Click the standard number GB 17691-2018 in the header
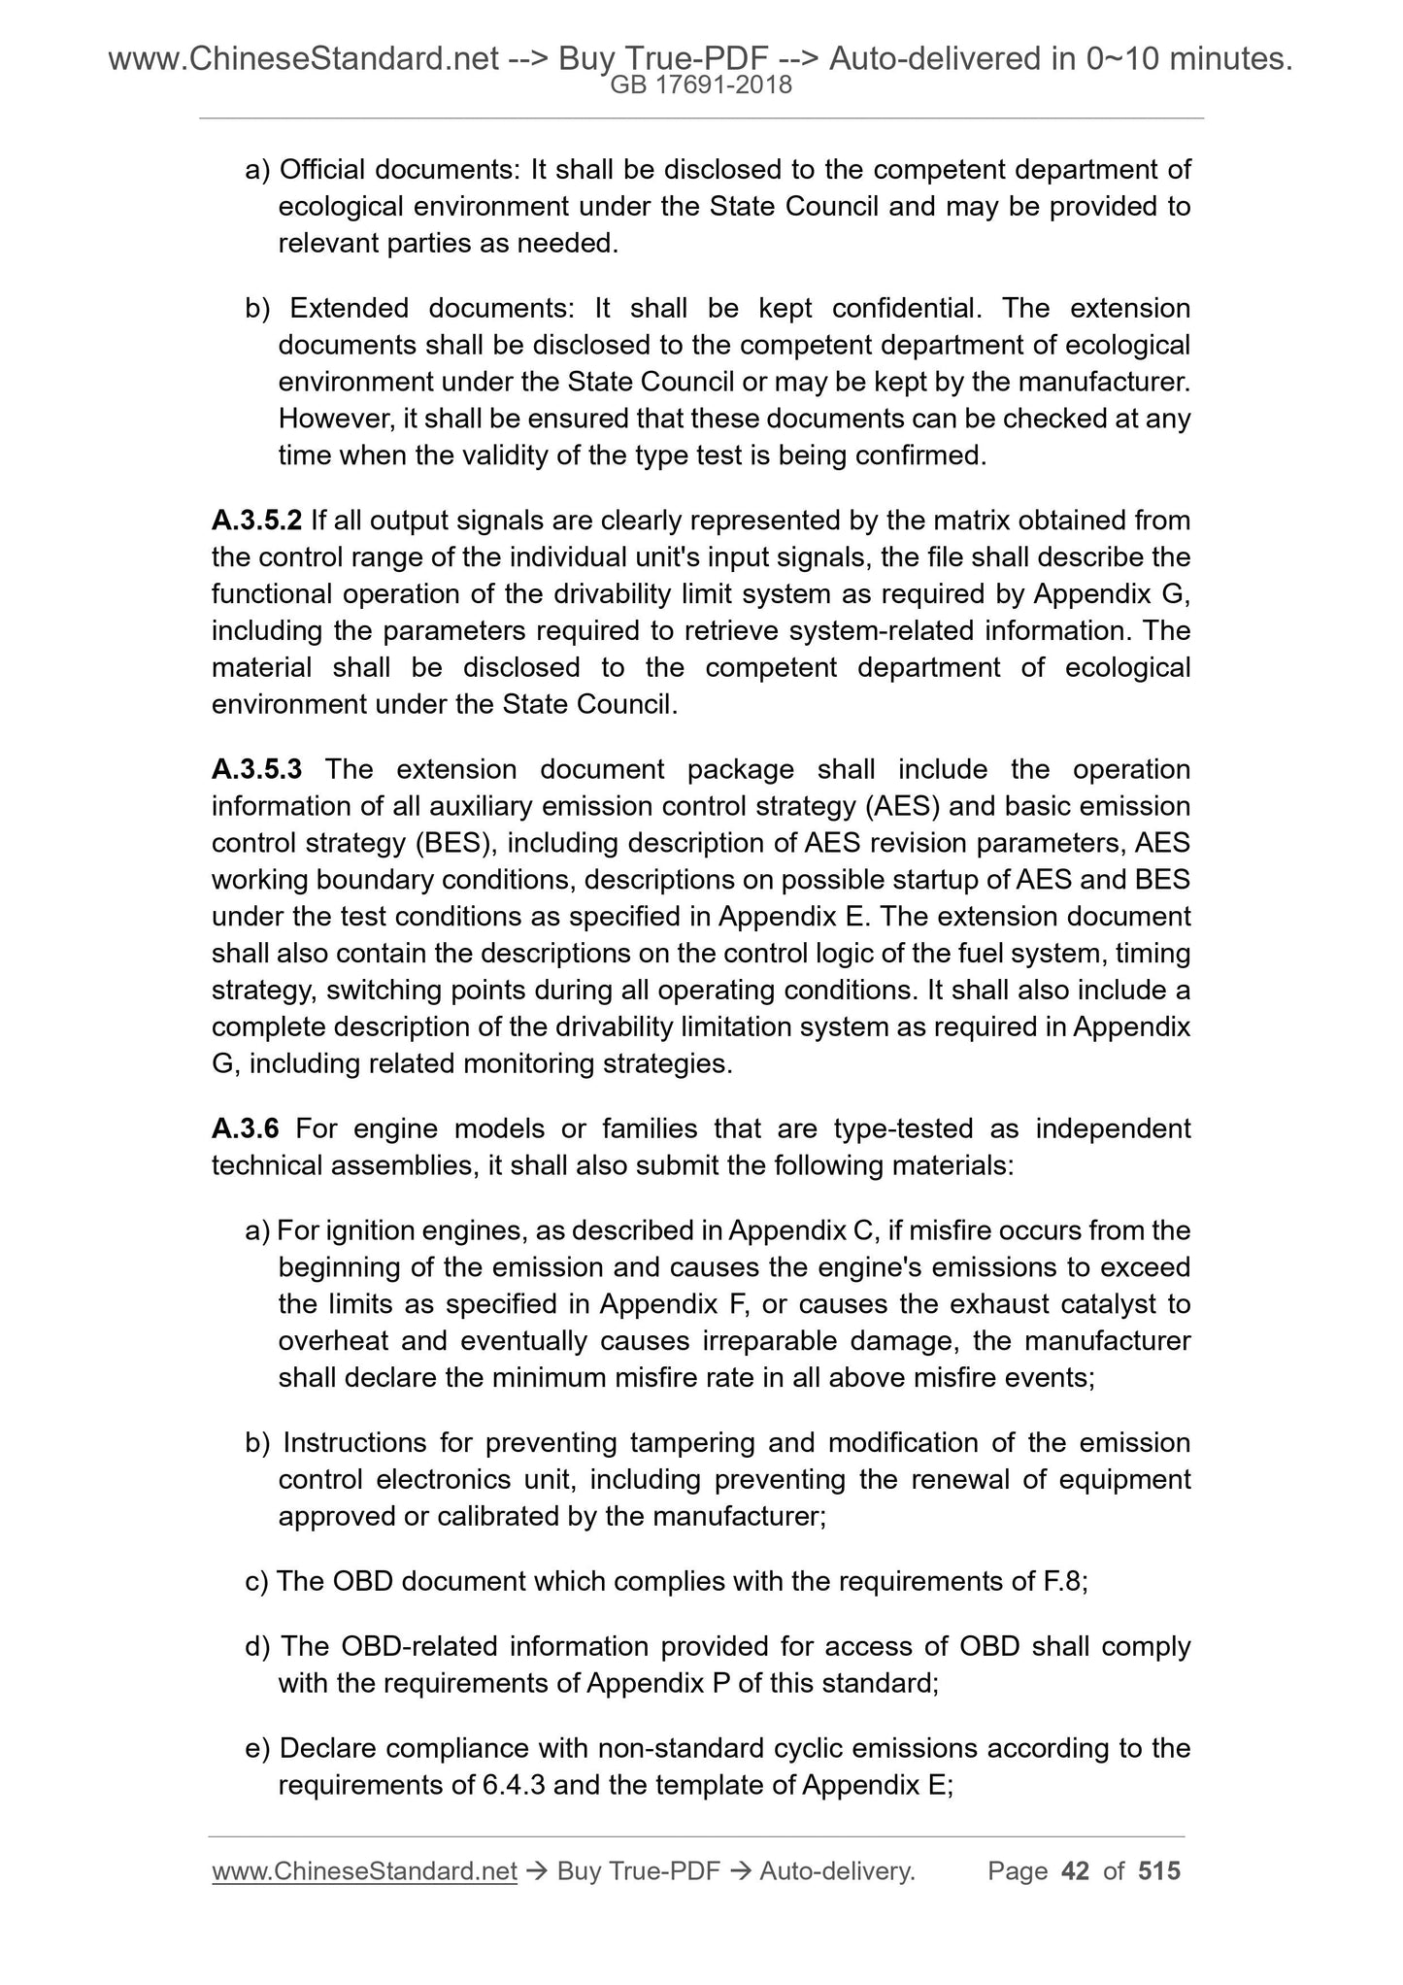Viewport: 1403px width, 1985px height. coord(701,85)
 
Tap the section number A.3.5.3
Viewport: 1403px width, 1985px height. coord(257,769)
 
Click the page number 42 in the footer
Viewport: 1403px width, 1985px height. coord(1076,1870)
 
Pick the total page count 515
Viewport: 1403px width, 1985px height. coord(1159,1870)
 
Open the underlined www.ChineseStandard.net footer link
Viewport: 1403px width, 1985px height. coord(364,1871)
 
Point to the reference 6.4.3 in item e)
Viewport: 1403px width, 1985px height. coord(514,1785)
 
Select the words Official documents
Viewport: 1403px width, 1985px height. coord(400,169)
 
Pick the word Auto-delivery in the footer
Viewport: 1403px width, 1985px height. coord(837,1870)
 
